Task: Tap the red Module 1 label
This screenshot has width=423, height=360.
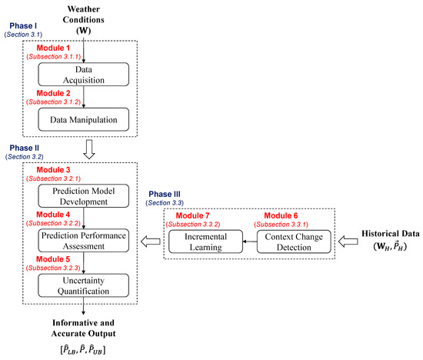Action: tap(47, 48)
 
